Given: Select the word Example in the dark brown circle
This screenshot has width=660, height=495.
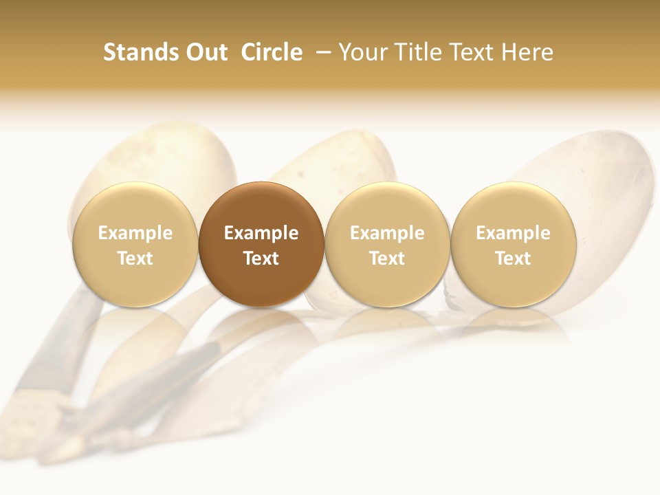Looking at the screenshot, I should [261, 233].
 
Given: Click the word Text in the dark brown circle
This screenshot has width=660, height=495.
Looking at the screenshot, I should [261, 258].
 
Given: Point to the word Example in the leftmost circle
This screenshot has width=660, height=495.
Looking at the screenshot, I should [135, 233].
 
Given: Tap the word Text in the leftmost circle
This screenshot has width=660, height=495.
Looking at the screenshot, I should [135, 258].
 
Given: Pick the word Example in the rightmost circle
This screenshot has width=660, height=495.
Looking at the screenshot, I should [513, 233].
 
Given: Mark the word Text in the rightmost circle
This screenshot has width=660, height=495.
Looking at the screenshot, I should [513, 258].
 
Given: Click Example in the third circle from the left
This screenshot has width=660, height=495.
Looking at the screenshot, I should [387, 233].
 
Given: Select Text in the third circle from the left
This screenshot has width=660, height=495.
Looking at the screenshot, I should [387, 258].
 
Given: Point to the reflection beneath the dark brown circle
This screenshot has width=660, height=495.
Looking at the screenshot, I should [261, 327].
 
